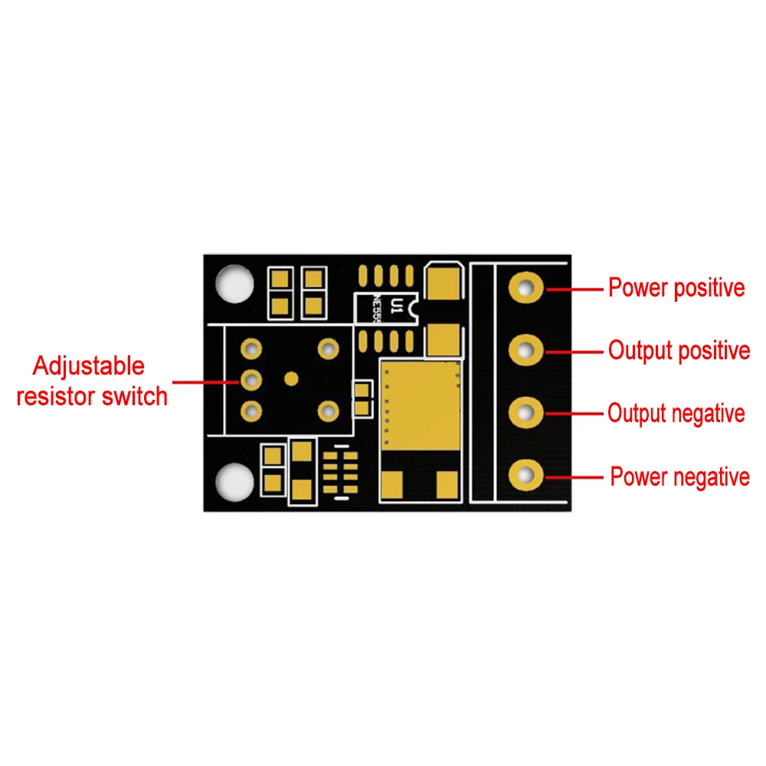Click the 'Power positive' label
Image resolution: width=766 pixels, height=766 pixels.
coord(676,289)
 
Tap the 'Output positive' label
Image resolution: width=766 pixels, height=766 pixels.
coord(679,351)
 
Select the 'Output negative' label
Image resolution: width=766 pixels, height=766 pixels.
coord(676,414)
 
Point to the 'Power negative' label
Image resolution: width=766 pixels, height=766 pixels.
coord(679,476)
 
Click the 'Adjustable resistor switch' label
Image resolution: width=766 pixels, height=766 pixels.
coord(91,381)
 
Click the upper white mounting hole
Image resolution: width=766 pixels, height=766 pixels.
coord(234,283)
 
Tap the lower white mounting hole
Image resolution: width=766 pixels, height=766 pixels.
coord(234,482)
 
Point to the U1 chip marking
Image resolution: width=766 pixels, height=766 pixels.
coord(396,306)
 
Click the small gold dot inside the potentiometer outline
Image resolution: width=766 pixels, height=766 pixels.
coord(290,378)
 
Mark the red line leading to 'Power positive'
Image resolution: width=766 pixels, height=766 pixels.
coord(574,289)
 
